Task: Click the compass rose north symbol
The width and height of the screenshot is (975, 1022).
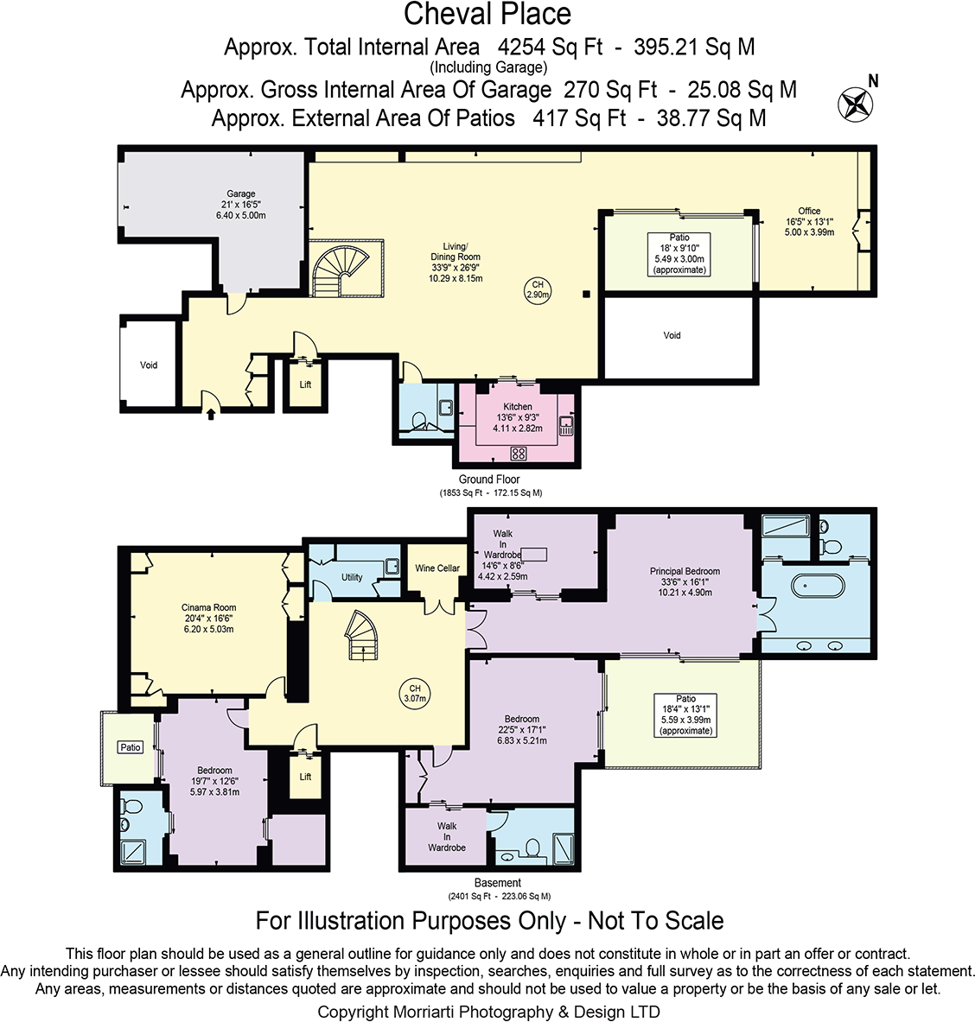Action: (855, 104)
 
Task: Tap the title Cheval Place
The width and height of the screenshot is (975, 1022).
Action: (487, 15)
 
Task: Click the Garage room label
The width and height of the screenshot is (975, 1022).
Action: (240, 194)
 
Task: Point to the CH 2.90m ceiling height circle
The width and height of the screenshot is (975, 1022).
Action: (537, 290)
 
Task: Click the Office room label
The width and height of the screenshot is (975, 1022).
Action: (809, 211)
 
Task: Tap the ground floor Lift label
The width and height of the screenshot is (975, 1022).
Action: (305, 384)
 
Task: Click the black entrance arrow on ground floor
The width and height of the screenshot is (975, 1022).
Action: (211, 414)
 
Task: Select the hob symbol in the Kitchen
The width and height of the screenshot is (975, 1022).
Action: (519, 453)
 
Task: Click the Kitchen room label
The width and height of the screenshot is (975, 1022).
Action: (518, 407)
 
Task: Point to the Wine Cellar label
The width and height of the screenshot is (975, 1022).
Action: (437, 568)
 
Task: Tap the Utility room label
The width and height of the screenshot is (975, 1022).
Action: (352, 577)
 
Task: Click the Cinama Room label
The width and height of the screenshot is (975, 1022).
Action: (208, 607)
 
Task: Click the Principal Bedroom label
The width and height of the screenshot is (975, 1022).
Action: (685, 571)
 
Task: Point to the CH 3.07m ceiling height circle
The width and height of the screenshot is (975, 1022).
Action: (415, 693)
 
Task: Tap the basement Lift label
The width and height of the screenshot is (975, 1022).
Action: (305, 777)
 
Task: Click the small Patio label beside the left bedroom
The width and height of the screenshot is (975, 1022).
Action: (131, 747)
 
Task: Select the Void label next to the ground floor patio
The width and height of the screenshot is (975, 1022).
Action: (672, 335)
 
